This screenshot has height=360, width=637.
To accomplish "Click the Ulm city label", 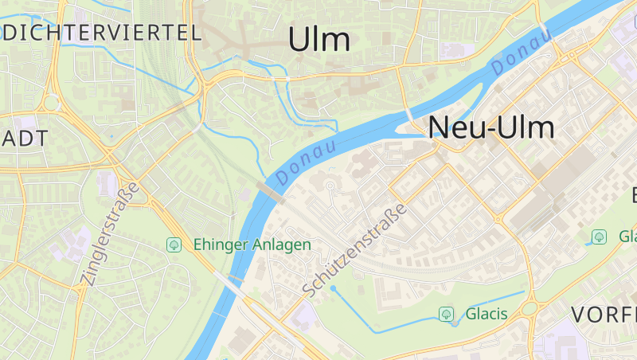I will [319, 39].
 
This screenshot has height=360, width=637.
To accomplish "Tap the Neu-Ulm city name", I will [491, 127].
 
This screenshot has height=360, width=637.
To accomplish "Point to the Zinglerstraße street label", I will [109, 234].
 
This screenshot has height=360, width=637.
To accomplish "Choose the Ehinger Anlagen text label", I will [251, 245].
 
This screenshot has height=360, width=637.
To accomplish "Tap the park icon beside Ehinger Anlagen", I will [174, 245].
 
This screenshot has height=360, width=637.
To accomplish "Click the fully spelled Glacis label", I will [487, 314].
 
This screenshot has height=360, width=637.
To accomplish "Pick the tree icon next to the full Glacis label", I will [447, 314].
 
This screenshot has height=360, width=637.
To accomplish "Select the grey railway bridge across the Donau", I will [272, 192].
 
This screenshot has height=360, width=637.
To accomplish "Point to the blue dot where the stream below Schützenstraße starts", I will [334, 288].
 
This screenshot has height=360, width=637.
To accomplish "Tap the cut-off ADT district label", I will [24, 138].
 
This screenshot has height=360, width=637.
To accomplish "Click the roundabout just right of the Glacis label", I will [529, 307].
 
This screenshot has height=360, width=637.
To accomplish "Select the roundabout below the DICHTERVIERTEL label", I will [52, 103].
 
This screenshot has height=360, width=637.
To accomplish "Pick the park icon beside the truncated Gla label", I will [599, 237].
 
